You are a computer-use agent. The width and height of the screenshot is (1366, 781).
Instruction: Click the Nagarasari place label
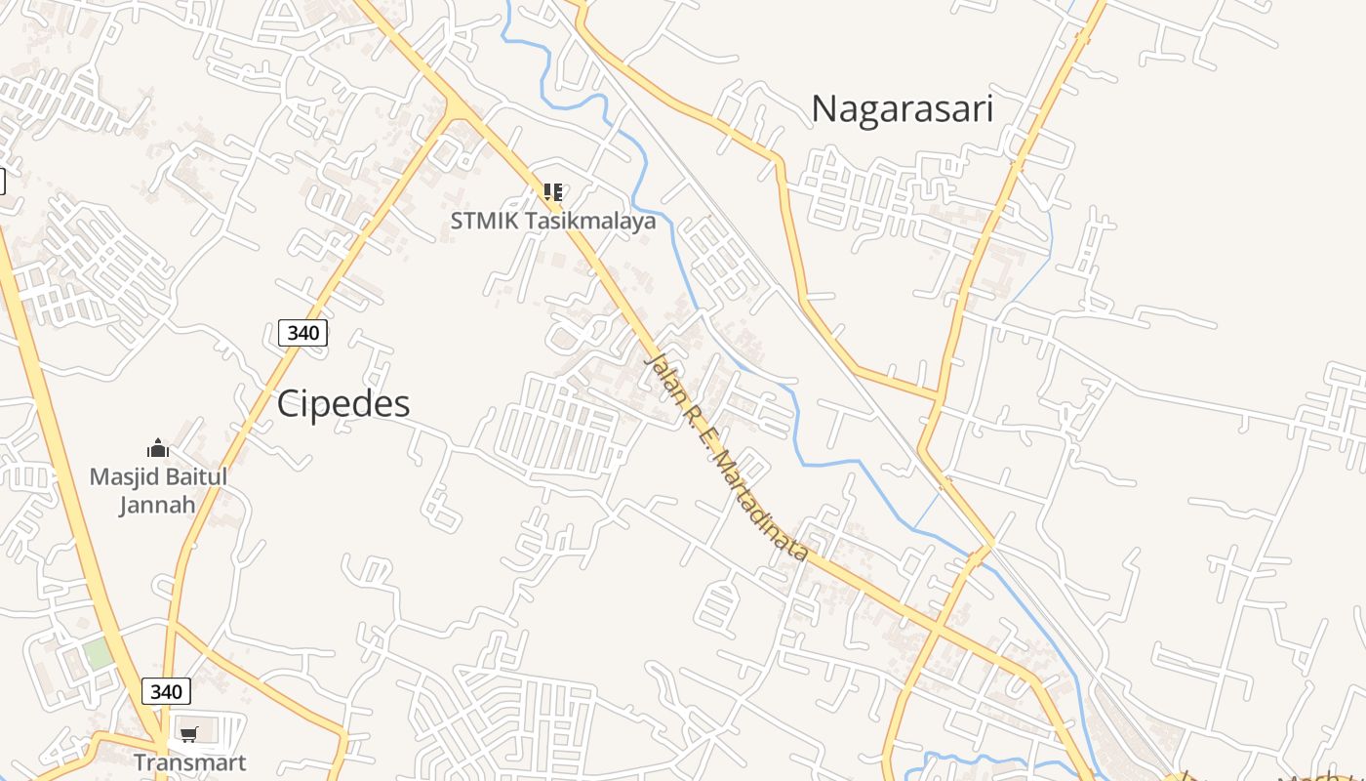902,108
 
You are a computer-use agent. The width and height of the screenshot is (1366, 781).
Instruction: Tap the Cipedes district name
343,403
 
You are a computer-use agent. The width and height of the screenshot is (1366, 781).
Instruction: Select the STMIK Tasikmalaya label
552,222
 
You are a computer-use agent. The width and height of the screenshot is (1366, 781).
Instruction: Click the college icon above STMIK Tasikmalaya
552,191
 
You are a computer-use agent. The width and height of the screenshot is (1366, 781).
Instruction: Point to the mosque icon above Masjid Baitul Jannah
157,448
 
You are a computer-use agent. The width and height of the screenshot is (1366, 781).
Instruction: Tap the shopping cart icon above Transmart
188,734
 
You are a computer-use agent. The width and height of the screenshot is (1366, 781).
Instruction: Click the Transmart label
189,762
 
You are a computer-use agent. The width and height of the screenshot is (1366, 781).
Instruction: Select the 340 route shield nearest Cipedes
302,333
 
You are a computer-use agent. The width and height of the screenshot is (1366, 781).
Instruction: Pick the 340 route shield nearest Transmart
166,692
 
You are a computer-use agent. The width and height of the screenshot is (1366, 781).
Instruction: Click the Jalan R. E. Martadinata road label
727,457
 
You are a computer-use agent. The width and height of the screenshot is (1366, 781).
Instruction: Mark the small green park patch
99,653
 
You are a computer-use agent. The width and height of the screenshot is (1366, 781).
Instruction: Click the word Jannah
157,505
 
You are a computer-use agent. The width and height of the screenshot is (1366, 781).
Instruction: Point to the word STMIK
485,222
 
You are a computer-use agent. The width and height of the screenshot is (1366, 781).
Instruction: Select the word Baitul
195,477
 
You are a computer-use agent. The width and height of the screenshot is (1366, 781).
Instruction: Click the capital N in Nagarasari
824,108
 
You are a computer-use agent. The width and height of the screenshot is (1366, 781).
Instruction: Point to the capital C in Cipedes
288,403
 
